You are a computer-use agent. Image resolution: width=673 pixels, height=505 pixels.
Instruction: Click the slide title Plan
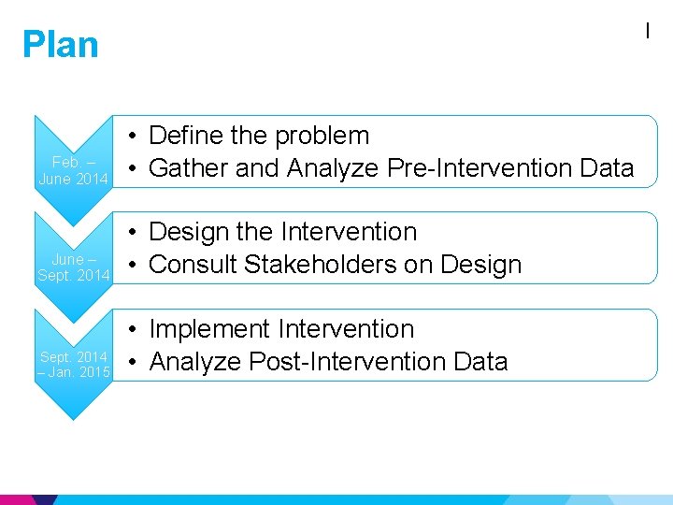point(60,45)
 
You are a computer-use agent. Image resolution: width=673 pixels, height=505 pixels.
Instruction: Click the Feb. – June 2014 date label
point(74,170)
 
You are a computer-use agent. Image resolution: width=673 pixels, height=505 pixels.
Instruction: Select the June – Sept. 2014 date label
point(74,267)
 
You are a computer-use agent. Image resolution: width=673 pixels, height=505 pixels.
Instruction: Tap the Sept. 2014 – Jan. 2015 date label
point(74,365)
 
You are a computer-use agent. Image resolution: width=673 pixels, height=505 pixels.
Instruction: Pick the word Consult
point(192,265)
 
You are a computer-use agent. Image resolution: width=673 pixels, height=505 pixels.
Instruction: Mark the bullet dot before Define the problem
point(135,137)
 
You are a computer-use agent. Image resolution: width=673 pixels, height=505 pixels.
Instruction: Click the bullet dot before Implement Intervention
point(135,330)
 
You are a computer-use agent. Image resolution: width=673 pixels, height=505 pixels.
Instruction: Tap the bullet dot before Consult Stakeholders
point(135,266)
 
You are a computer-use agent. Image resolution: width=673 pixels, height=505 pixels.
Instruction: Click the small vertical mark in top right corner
point(647,31)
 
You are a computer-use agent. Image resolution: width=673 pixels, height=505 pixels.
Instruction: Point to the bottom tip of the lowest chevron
point(74,420)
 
